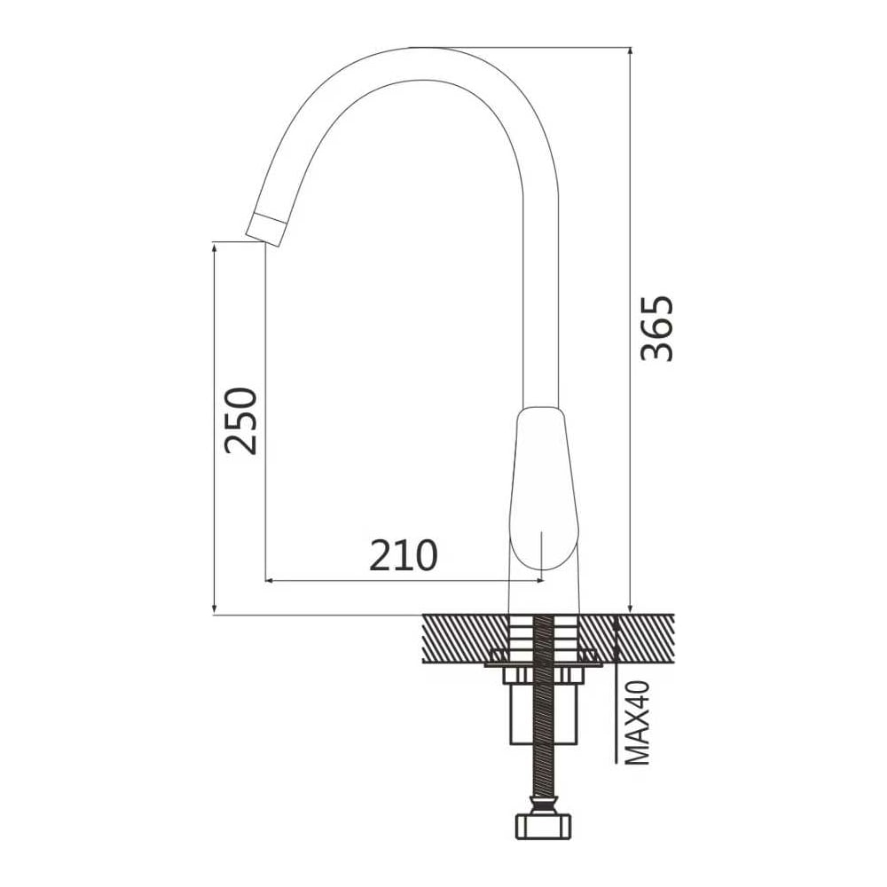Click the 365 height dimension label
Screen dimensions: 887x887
click(x=656, y=328)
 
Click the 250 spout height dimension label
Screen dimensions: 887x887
click(x=240, y=420)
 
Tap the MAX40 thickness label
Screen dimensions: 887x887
click(x=639, y=723)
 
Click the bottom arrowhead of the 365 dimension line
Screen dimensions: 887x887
click(x=630, y=607)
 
